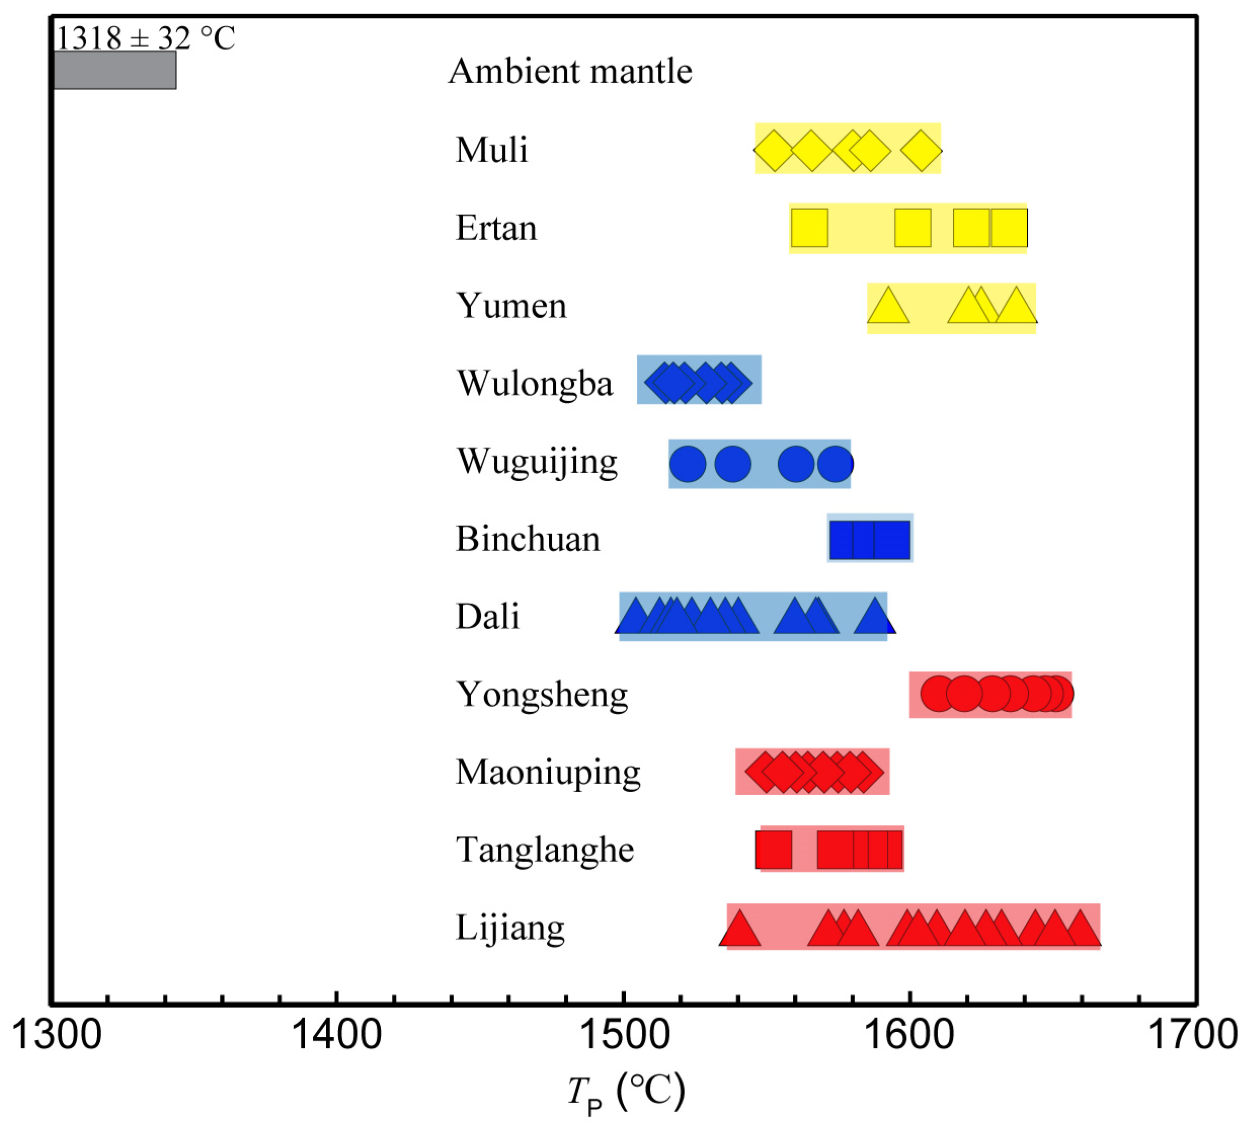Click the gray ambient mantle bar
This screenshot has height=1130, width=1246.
115,70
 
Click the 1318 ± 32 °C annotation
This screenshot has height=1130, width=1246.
145,38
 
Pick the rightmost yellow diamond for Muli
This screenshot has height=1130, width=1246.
921,150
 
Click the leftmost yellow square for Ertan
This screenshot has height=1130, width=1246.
809,228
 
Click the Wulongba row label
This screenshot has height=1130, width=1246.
535,383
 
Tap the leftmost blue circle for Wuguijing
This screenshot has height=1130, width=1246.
687,463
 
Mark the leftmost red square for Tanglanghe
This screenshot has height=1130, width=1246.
773,850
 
